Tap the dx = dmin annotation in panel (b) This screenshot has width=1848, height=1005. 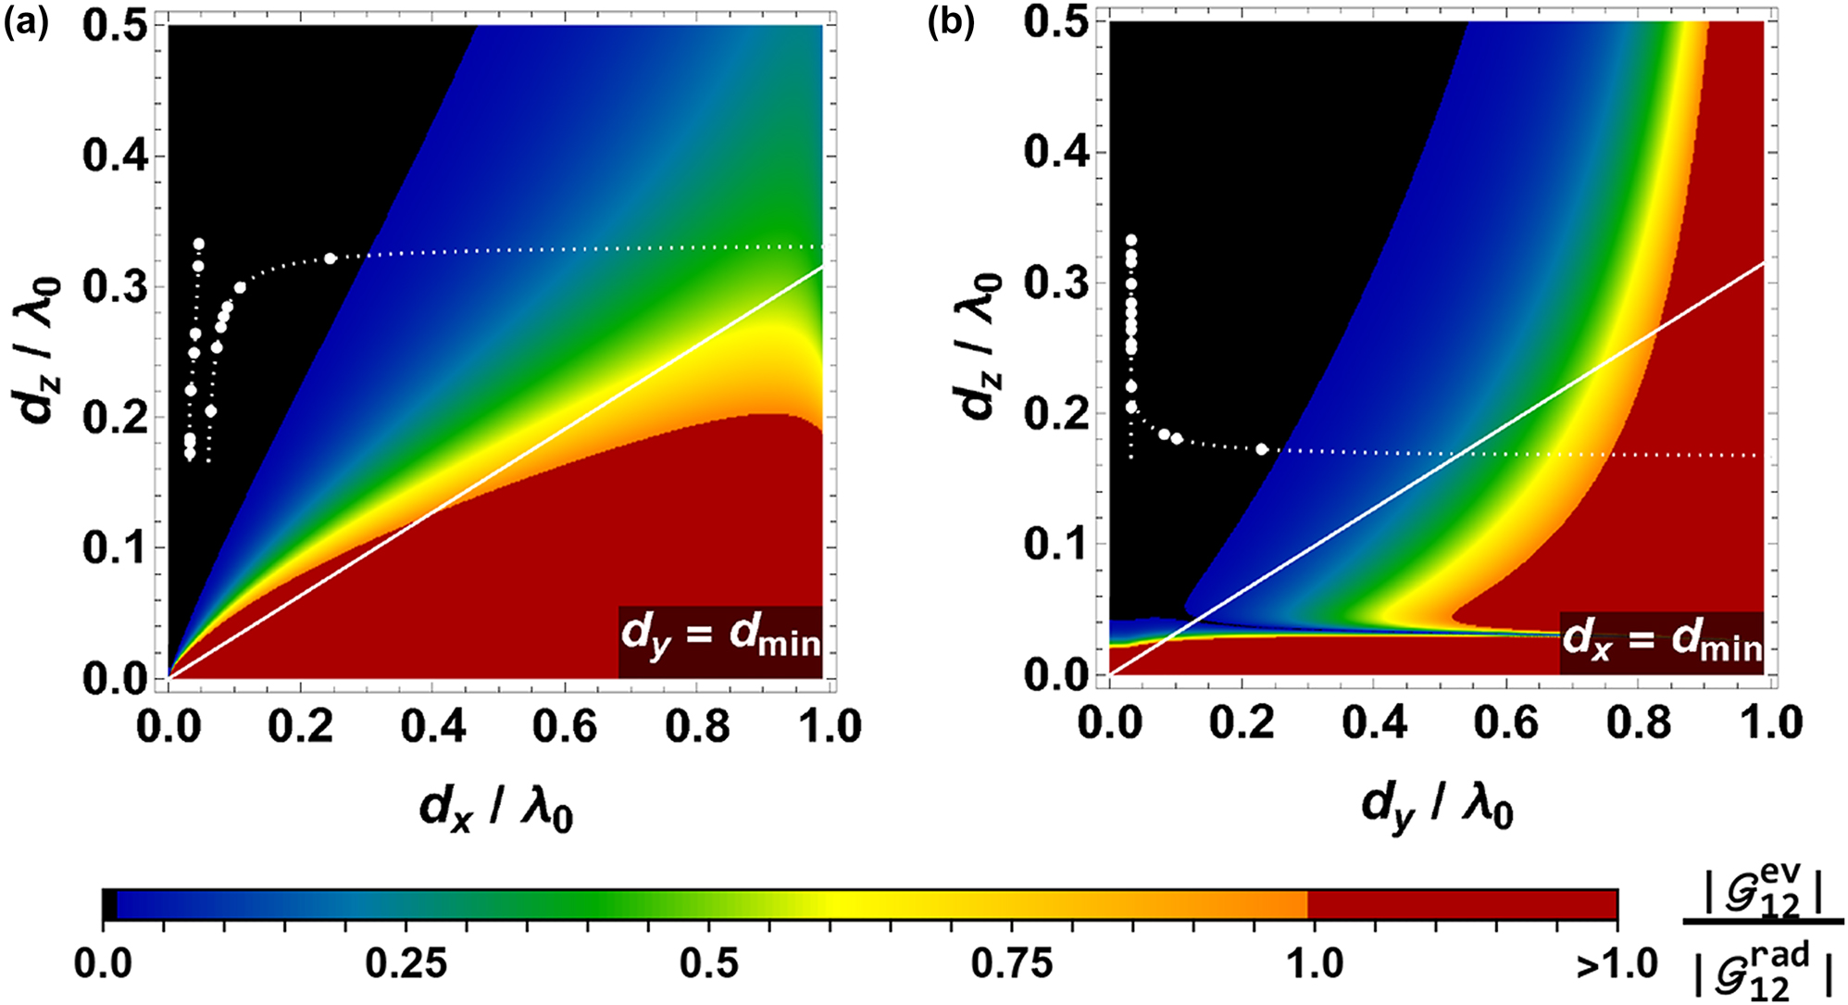click(1662, 640)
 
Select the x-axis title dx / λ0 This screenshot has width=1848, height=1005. click(497, 810)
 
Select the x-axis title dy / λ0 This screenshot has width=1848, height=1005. click(1438, 810)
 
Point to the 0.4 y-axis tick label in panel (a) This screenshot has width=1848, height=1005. click(115, 155)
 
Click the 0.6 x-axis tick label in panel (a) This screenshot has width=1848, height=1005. click(566, 725)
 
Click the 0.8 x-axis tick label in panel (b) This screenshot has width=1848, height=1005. click(1639, 722)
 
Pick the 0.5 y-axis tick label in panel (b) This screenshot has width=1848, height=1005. click(1055, 23)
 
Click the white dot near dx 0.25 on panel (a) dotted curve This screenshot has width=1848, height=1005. click(331, 258)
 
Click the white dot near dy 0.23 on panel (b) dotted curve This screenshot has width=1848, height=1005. click(1261, 449)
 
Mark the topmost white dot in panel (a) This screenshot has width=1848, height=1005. click(198, 245)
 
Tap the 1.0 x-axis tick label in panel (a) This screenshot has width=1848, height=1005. click(830, 725)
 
